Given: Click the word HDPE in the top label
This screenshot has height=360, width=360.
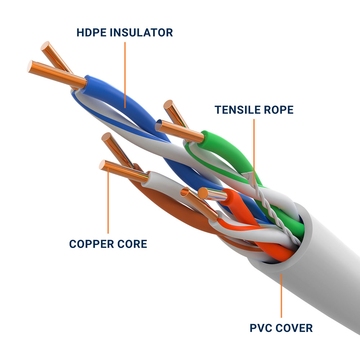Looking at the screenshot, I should click(92, 32).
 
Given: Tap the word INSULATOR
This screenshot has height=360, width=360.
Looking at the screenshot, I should click(142, 32).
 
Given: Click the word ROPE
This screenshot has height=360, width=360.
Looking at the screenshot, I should click(279, 109).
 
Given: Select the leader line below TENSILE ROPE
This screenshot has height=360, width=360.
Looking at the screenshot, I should click(254, 151).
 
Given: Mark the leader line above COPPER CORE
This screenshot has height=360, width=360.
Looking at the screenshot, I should click(108, 202).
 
